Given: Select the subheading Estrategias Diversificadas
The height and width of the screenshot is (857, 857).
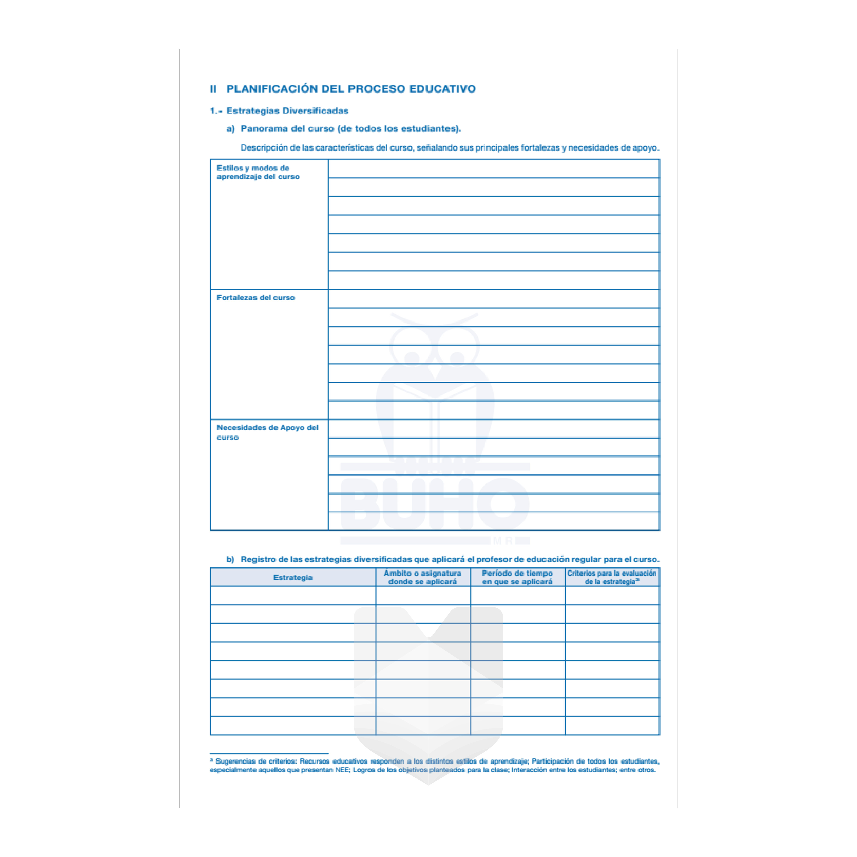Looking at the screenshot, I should [287, 111].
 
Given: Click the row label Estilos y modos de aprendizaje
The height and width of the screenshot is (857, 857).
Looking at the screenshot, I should [258, 172].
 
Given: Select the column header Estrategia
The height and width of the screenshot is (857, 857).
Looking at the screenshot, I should [293, 577].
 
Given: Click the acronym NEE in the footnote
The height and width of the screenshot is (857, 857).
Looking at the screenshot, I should [343, 770].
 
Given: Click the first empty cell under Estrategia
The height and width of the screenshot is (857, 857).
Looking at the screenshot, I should [293, 596].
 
